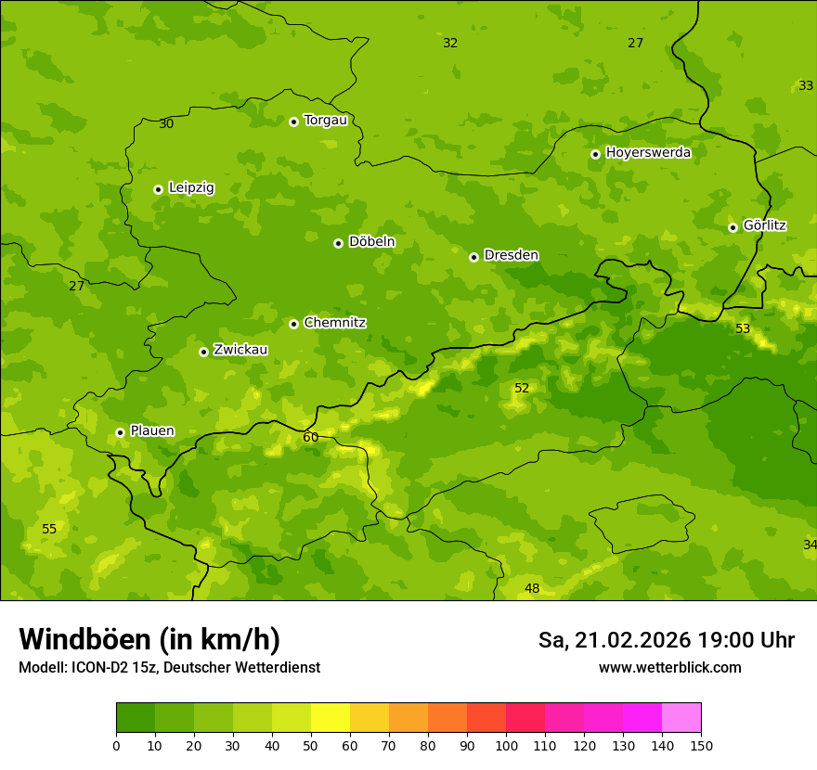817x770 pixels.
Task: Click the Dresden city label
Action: click(x=511, y=255)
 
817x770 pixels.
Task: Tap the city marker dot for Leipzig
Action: click(x=158, y=189)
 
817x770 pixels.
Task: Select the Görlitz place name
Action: click(x=764, y=225)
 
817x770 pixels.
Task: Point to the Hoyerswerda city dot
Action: click(x=595, y=154)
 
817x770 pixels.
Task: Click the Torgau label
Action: click(x=325, y=120)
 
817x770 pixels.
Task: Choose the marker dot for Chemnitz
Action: click(x=293, y=324)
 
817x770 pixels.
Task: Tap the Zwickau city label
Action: click(x=240, y=350)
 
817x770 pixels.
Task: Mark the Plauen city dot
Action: click(x=120, y=432)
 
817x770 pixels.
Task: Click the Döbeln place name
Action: click(x=371, y=241)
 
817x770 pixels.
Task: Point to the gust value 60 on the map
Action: click(x=311, y=437)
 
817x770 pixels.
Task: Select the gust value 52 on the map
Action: click(x=522, y=388)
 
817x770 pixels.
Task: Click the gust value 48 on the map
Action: click(x=532, y=588)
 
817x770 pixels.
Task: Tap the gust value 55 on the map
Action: click(x=49, y=529)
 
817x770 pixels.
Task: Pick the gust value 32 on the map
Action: click(x=450, y=43)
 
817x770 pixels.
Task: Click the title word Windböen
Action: click(x=84, y=639)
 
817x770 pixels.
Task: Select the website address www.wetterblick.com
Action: click(x=669, y=667)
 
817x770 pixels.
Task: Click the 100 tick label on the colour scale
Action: click(x=506, y=745)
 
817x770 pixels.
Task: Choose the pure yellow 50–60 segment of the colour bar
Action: click(x=331, y=718)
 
